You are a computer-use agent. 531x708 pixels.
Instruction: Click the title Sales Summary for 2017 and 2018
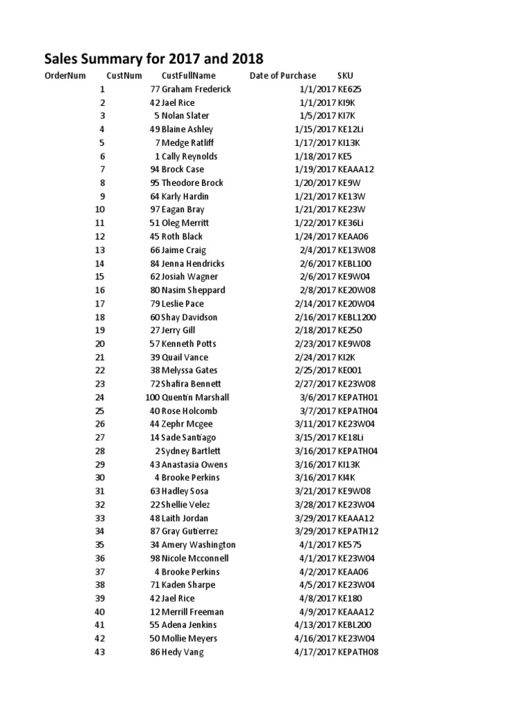154,58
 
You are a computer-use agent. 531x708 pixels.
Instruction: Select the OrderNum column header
64,76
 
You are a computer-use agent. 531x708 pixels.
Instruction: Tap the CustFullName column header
189,76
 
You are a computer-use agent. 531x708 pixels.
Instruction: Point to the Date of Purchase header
283,76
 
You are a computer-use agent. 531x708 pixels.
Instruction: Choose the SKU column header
345,76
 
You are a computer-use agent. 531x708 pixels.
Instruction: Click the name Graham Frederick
196,89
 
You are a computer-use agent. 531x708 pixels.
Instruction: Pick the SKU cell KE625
350,89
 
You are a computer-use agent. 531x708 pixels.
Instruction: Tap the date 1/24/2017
315,236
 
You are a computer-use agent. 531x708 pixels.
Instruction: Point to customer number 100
152,398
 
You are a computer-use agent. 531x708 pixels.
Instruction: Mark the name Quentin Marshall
196,398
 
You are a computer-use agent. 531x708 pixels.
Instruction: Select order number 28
100,451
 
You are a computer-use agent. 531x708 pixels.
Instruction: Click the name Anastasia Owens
194,465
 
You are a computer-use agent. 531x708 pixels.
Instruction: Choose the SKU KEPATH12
358,532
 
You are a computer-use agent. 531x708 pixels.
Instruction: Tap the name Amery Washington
198,545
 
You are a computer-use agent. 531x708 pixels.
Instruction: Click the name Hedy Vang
183,652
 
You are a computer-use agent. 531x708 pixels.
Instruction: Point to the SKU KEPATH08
358,652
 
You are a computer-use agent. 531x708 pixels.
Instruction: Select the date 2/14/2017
315,304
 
